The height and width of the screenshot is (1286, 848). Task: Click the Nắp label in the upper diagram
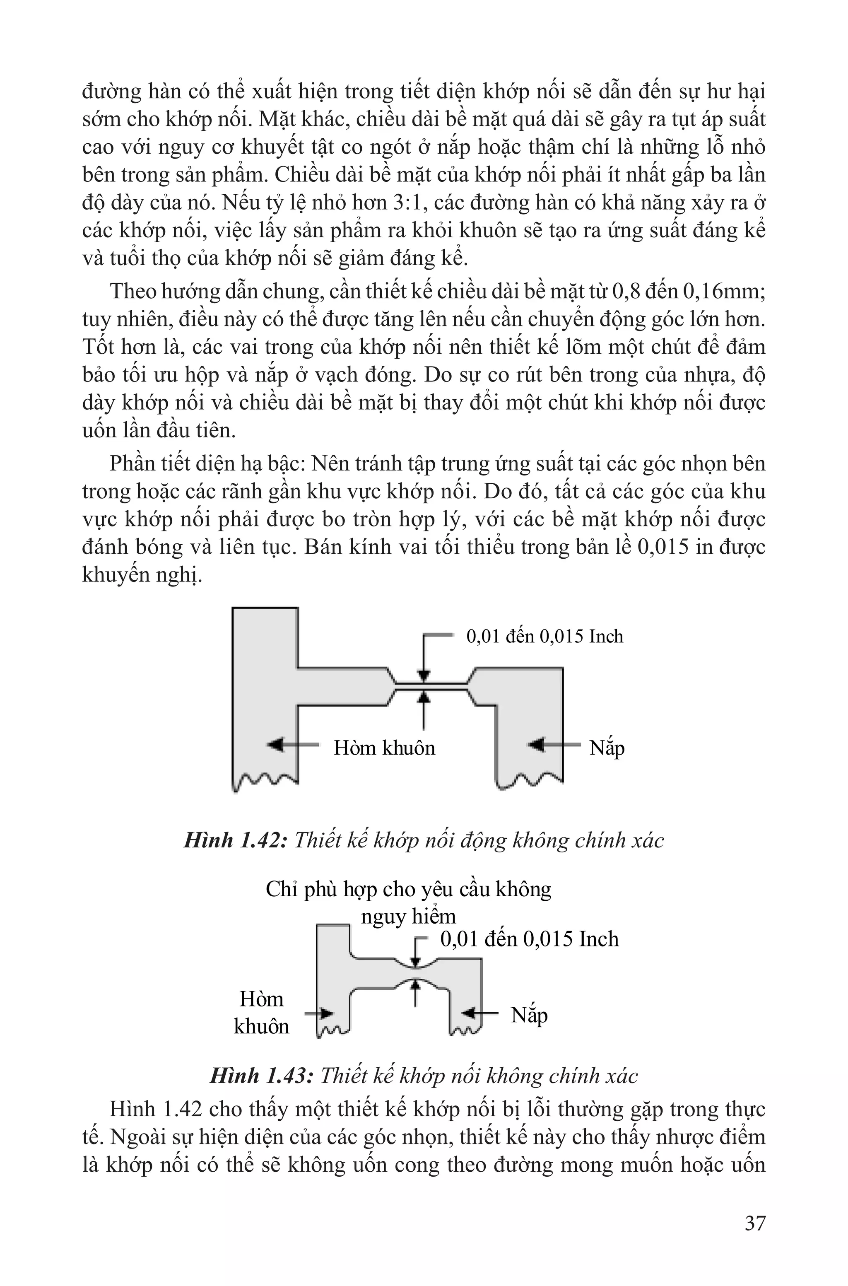tap(607, 748)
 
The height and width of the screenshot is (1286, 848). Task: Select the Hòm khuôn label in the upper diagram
tap(384, 748)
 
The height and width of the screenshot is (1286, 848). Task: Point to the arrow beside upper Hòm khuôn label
tap(292, 745)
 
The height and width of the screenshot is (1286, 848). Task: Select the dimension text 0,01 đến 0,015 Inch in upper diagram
tap(544, 637)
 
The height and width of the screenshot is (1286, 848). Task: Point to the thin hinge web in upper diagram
tap(431, 686)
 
